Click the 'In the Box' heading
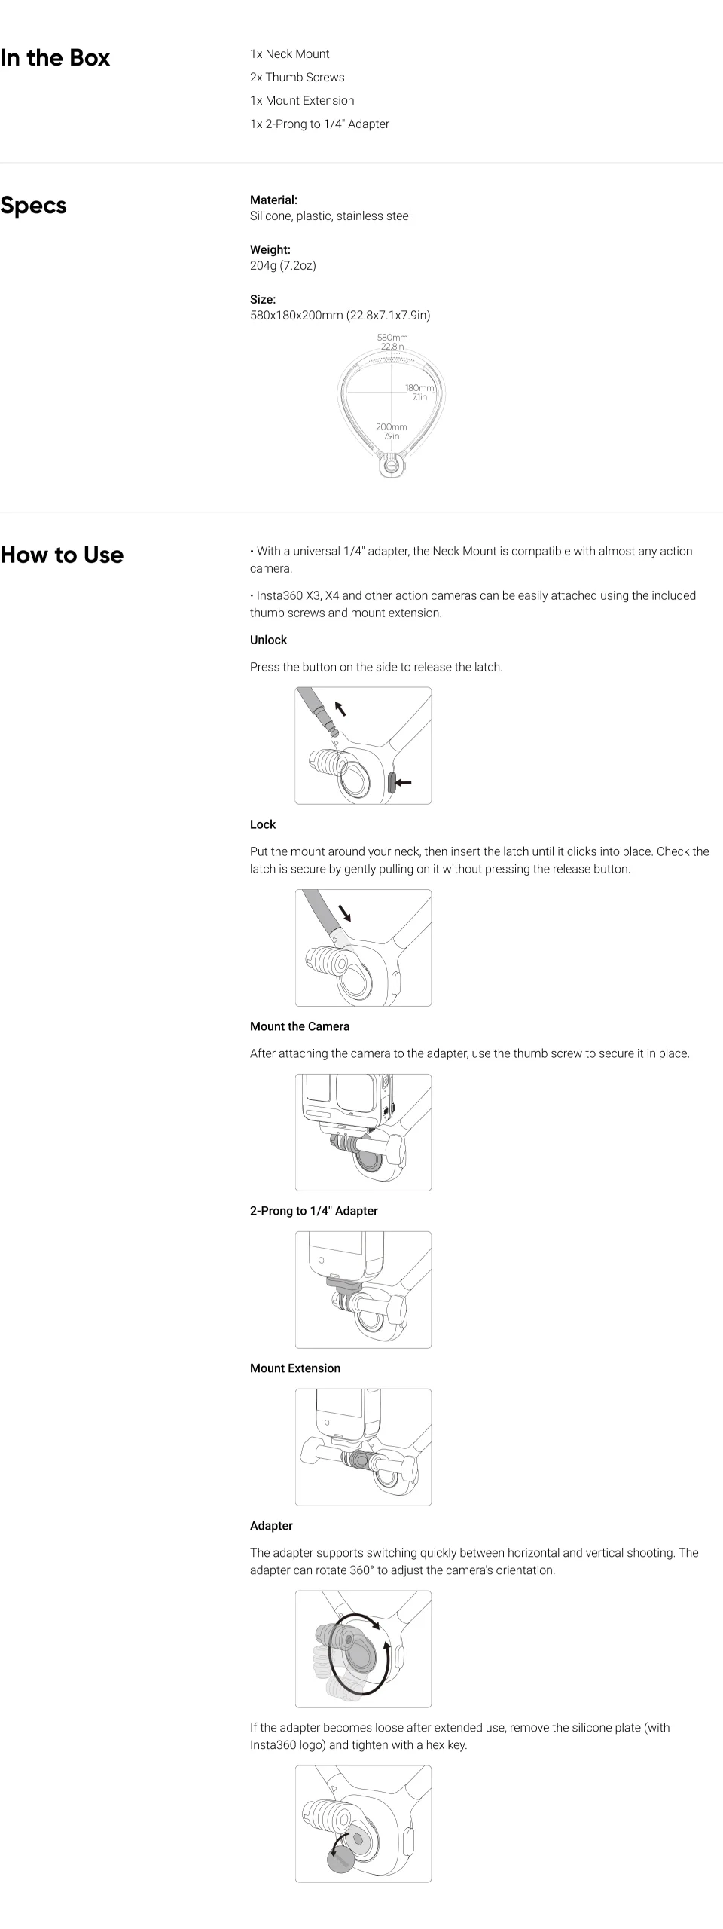point(55,58)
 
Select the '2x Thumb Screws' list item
point(297,77)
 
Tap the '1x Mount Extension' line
point(302,100)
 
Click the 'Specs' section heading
point(34,206)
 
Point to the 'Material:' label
point(273,200)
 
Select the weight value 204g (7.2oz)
point(283,265)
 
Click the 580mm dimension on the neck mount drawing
point(392,338)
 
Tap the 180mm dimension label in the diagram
point(419,388)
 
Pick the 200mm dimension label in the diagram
point(392,427)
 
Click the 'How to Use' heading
point(62,555)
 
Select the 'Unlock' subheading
point(268,640)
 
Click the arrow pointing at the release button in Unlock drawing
point(404,783)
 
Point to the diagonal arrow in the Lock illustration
point(345,913)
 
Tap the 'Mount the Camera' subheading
point(300,1026)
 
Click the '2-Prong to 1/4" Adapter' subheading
point(314,1211)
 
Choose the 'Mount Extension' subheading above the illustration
point(295,1368)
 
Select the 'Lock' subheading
point(263,824)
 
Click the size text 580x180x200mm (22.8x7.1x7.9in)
point(340,315)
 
